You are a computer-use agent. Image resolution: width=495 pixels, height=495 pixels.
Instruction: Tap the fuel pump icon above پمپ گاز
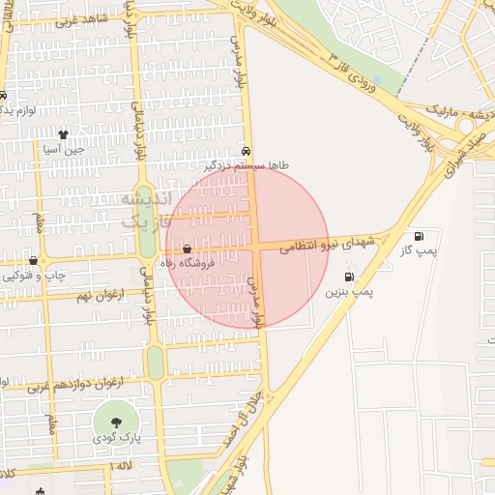[419, 236]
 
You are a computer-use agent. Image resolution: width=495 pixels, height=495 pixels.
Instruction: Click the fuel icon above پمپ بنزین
[349, 277]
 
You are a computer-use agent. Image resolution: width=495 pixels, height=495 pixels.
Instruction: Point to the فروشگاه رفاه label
[198, 262]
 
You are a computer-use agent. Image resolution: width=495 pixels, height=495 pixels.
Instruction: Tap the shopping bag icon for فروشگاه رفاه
[187, 248]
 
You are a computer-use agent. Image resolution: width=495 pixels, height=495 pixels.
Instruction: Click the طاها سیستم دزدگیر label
[247, 166]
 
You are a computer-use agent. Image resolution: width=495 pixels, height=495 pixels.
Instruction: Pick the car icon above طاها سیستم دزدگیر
[247, 152]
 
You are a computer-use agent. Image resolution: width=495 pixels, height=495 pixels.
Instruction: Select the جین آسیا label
[63, 149]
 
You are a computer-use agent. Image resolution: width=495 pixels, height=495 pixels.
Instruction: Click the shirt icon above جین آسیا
[63, 135]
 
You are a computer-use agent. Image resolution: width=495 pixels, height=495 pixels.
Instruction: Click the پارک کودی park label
[117, 438]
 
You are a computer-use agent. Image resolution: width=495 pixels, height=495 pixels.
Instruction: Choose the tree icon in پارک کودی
[117, 422]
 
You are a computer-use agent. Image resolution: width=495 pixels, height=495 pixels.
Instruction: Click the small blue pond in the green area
[376, 79]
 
